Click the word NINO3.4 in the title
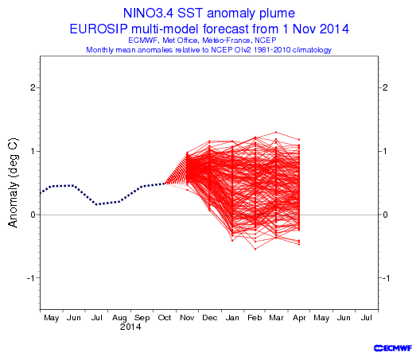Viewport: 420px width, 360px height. click(x=148, y=14)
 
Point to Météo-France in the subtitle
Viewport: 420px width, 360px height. click(x=227, y=41)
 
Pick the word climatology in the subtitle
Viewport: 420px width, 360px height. click(x=312, y=50)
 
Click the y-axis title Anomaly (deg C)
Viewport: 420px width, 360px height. click(x=13, y=183)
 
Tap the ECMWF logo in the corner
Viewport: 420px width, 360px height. click(x=393, y=348)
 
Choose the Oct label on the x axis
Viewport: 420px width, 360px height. click(x=165, y=318)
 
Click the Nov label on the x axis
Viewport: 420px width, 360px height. click(x=187, y=318)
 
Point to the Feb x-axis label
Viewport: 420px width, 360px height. click(x=255, y=318)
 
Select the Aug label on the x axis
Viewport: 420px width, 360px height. click(x=119, y=318)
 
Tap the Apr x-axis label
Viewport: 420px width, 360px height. click(x=299, y=318)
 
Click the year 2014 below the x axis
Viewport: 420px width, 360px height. click(x=130, y=327)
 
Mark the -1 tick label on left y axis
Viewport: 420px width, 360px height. click(x=32, y=278)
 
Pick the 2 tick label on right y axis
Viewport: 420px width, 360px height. click(x=385, y=87)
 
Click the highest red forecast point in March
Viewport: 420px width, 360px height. click(x=276, y=132)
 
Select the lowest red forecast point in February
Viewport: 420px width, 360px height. click(x=255, y=249)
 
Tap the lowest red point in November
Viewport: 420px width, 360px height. click(x=187, y=190)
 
